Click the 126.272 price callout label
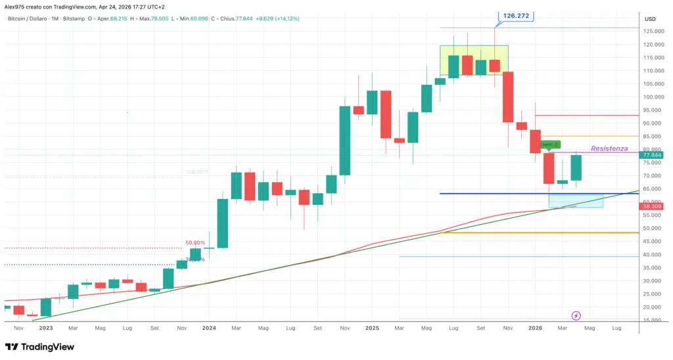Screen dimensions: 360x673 click(x=516, y=15)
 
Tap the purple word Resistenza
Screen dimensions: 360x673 click(x=609, y=148)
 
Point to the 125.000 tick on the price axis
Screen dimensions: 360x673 click(x=653, y=32)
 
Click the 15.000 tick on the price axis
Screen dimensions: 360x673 click(x=653, y=320)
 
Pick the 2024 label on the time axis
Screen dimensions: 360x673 click(x=209, y=327)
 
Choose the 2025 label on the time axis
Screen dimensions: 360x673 click(x=372, y=327)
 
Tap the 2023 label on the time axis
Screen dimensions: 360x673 click(x=46, y=327)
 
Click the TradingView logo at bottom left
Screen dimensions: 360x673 click(x=39, y=347)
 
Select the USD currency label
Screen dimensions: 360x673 click(x=651, y=18)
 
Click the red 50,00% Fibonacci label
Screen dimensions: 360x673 click(x=195, y=242)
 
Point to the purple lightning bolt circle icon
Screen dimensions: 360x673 click(x=576, y=316)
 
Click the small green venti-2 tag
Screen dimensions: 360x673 click(x=549, y=145)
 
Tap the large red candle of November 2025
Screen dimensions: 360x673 click(x=508, y=97)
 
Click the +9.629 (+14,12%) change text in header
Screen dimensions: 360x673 click(x=279, y=18)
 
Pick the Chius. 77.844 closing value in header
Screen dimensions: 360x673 click(x=234, y=18)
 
